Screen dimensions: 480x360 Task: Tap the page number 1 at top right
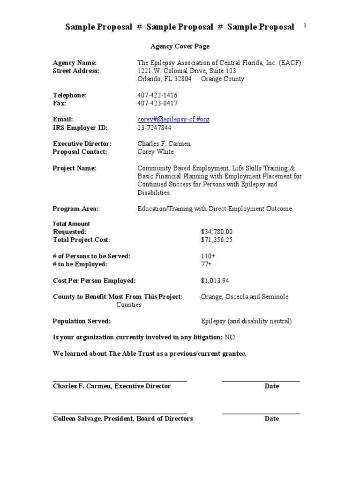tap(305, 26)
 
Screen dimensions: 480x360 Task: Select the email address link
tap(173, 120)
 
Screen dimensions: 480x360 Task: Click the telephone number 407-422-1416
tap(157, 95)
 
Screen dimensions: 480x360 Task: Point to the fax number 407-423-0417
tap(157, 103)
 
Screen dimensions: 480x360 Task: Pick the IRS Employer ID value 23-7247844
tap(154, 127)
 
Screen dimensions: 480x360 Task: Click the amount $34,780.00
tap(217, 232)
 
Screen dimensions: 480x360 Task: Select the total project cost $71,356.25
tap(217, 240)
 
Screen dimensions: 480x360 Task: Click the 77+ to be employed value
tap(206, 264)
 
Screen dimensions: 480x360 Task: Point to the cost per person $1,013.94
tap(215, 281)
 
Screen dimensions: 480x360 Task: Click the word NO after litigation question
tap(230, 337)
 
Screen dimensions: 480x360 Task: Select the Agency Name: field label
tap(75, 63)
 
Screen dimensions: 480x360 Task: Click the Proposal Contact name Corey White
tap(156, 152)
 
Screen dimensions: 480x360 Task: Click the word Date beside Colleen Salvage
tap(271, 419)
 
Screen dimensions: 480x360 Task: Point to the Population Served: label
tap(82, 321)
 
